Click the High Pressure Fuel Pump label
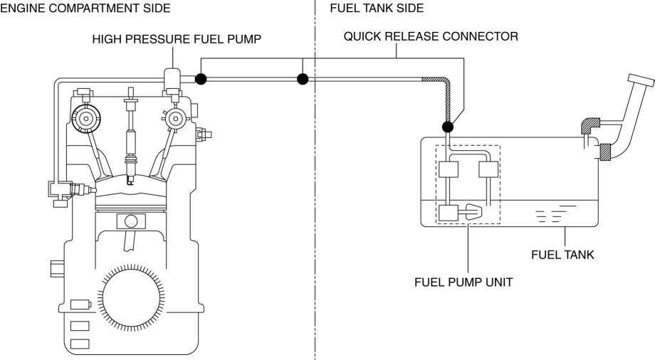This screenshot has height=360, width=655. tap(177, 39)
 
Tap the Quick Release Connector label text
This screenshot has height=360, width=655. tap(431, 37)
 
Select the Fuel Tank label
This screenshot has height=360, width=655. tap(562, 255)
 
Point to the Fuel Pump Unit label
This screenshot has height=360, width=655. tap(463, 282)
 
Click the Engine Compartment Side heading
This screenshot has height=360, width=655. tap(85, 9)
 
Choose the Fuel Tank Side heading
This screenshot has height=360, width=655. tap(377, 9)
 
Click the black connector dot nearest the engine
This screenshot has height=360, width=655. tap(201, 79)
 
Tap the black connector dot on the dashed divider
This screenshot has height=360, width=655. tap(303, 79)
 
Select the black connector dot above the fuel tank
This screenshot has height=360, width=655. tap(447, 127)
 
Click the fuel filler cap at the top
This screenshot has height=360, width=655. tap(641, 80)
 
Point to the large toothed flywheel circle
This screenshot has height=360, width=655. tap(131, 297)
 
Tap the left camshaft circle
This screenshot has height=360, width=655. tap(85, 119)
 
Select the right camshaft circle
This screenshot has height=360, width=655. tap(175, 119)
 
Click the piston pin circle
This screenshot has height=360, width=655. tap(131, 221)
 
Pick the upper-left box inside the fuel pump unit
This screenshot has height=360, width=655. tap(449, 169)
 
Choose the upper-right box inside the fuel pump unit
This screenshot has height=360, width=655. tap(488, 169)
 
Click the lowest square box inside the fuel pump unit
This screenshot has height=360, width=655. tap(449, 213)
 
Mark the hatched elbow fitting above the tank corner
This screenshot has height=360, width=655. tap(589, 125)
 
